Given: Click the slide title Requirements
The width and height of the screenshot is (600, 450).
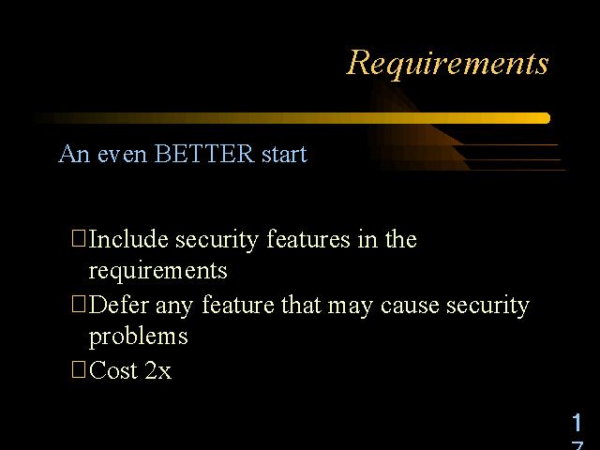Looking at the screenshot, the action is pos(447,64).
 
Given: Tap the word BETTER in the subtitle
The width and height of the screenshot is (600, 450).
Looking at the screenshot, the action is pos(204,154).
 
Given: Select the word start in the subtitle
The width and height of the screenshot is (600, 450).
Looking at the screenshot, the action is pos(284,155).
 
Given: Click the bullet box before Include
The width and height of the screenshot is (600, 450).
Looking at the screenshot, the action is pos(79,237).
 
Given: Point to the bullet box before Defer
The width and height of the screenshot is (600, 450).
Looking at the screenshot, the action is pos(79,304).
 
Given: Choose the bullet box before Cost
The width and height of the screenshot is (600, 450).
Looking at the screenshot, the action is pos(79,369).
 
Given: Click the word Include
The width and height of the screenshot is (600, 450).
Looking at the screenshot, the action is pos(128,239).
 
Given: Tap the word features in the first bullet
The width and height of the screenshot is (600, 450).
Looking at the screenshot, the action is pos(308,239).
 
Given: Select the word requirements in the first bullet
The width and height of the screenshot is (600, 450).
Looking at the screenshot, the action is pos(157,272).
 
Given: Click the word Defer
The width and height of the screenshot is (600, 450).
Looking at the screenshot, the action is pos(119,305).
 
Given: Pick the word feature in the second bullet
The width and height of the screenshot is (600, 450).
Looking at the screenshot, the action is pos(238,305).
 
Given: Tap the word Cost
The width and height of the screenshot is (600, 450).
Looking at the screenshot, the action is pos(113,370).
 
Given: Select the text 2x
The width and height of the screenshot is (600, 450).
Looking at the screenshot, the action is pos(158,370).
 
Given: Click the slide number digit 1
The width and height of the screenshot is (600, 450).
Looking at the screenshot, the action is pos(577,423).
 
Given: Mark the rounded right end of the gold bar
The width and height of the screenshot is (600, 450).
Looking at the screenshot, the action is pos(549,118).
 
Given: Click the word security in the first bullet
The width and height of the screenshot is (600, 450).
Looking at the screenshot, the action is pos(217,240).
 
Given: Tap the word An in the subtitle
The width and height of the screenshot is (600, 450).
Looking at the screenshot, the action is pos(74,154).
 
